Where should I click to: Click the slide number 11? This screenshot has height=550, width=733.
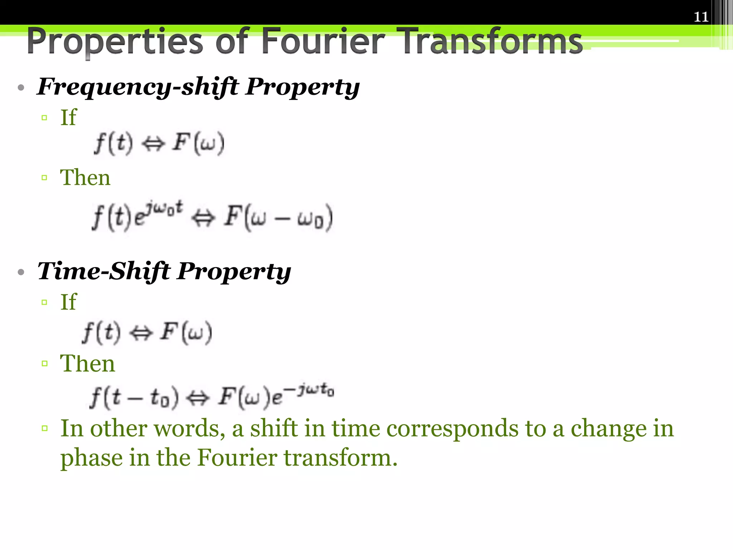(x=701, y=17)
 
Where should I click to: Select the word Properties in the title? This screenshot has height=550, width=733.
(x=115, y=42)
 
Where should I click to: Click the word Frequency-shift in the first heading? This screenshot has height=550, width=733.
(x=138, y=87)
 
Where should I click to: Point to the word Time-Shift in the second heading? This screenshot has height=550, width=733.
(x=104, y=271)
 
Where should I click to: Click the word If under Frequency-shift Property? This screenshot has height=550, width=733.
(x=68, y=117)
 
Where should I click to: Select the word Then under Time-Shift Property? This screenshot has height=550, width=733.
(x=87, y=363)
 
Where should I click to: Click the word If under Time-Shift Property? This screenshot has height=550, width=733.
(x=68, y=302)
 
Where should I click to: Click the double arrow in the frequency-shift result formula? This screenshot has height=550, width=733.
(x=203, y=218)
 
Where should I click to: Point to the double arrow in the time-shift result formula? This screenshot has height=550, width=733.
(x=198, y=398)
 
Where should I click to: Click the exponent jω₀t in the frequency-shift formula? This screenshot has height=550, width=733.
(x=165, y=209)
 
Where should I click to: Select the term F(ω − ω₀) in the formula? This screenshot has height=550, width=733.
(x=278, y=218)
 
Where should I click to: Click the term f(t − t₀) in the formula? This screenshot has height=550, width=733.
(x=134, y=397)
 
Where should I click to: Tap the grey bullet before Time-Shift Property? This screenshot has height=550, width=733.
(x=21, y=272)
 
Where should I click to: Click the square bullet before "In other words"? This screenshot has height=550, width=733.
(x=44, y=428)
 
